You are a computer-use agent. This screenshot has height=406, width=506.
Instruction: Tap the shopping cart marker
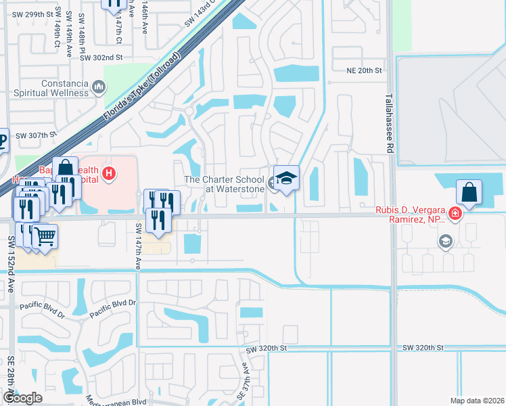(45, 236)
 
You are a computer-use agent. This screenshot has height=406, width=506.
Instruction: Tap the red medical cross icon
(455, 212)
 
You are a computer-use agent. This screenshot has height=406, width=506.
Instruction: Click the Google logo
(22, 397)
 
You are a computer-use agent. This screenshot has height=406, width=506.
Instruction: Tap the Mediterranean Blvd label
(116, 401)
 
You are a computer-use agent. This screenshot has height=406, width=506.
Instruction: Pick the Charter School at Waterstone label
(225, 184)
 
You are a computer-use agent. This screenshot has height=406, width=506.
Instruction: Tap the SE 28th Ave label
(10, 379)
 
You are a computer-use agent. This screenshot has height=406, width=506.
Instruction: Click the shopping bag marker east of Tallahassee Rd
(469, 191)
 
